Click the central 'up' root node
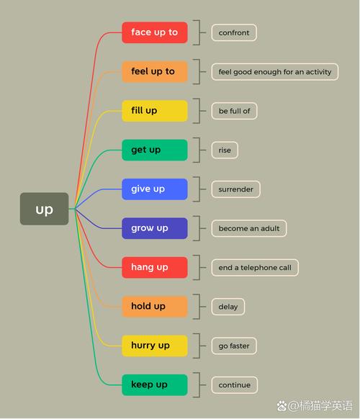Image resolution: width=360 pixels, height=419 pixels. [x=45, y=209]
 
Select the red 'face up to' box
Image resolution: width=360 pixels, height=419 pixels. [x=155, y=32]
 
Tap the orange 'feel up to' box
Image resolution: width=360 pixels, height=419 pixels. [x=155, y=71]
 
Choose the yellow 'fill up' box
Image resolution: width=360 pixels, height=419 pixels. [x=155, y=111]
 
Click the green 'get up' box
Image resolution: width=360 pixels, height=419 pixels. [x=155, y=150]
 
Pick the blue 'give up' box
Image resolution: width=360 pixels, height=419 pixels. [x=155, y=189]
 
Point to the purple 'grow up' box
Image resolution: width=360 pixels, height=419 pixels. [x=155, y=228]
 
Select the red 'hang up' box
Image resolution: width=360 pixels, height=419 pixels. [x=155, y=268]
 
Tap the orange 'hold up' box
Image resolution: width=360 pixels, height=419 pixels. [x=155, y=307]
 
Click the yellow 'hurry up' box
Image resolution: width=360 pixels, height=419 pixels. [x=155, y=346]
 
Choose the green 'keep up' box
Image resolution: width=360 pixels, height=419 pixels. [x=155, y=384]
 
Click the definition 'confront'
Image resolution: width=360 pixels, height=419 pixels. [x=234, y=32]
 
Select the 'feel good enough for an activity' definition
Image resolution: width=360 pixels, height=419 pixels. [x=275, y=71]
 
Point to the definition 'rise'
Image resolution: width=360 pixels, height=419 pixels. [x=225, y=150]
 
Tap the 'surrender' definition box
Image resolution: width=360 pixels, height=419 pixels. [x=235, y=189]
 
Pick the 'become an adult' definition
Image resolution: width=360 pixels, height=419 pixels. [x=249, y=228]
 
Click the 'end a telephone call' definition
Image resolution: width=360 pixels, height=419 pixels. [x=255, y=268]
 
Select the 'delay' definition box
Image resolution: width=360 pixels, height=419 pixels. [x=228, y=307]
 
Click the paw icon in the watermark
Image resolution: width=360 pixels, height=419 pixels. [x=282, y=406]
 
